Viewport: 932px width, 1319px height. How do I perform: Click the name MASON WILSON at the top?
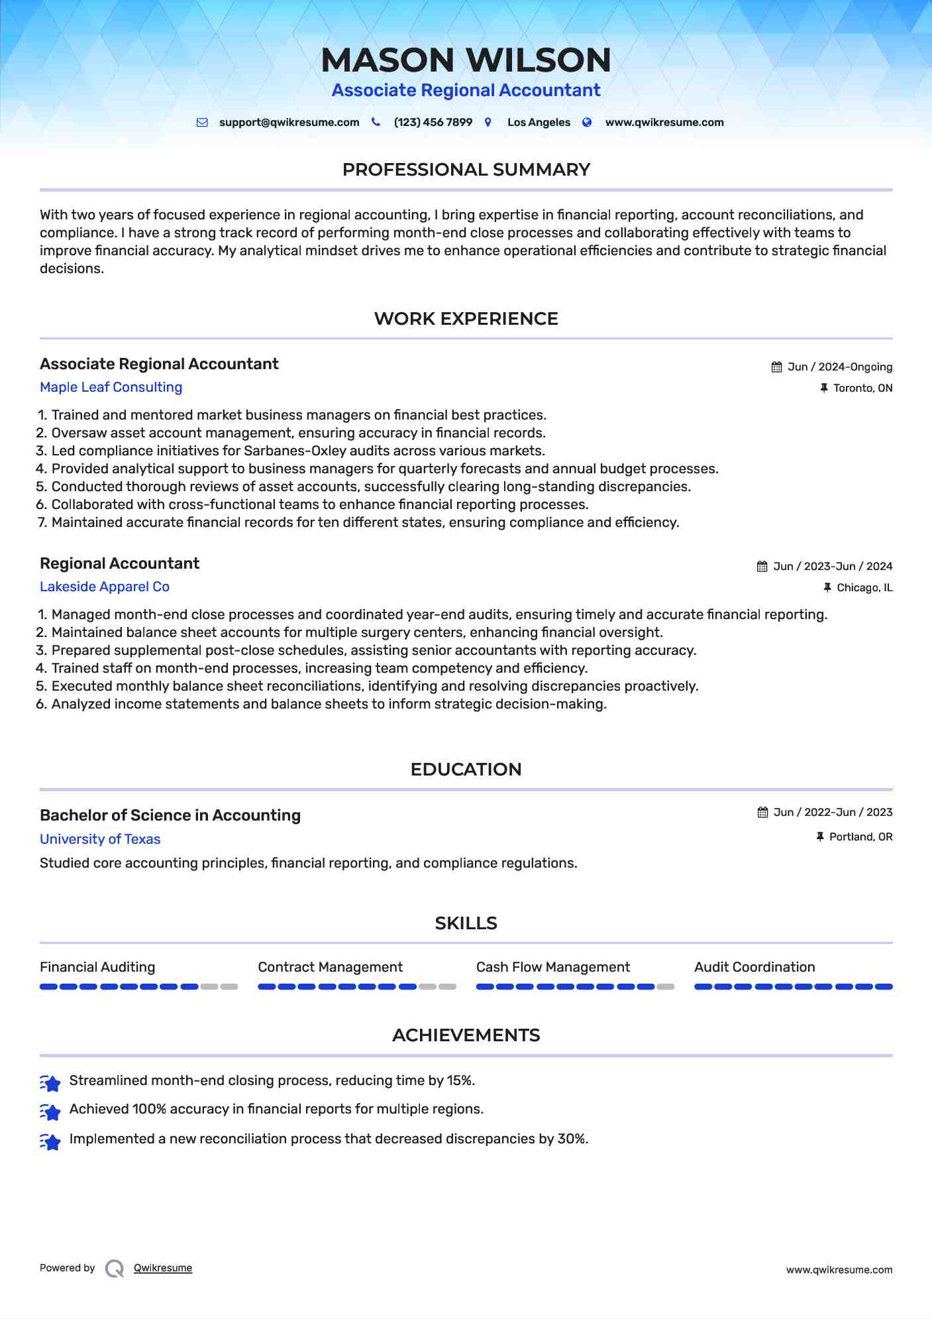tap(466, 60)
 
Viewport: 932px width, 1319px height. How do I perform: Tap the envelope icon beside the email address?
tap(202, 123)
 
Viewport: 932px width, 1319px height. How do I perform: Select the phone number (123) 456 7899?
tap(433, 123)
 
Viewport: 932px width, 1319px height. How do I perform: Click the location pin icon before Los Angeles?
tap(488, 123)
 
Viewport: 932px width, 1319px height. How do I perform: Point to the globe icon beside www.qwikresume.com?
tap(587, 123)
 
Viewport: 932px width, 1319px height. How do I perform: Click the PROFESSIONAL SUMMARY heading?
tap(466, 170)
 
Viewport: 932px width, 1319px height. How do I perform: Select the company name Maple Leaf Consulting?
tap(111, 387)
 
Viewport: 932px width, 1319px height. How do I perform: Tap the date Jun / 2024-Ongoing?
tap(839, 367)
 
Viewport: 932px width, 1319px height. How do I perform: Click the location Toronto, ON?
tap(862, 388)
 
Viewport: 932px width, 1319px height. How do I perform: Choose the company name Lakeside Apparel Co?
tap(105, 587)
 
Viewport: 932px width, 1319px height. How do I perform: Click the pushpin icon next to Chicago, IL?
tap(827, 588)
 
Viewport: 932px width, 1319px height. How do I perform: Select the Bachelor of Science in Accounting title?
tap(170, 815)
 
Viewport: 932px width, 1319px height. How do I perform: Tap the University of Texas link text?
tap(100, 839)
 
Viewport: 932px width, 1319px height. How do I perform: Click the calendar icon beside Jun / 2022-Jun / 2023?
tap(763, 813)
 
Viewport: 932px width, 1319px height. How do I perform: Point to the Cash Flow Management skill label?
tap(552, 967)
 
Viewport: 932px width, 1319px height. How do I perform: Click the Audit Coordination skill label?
tap(754, 967)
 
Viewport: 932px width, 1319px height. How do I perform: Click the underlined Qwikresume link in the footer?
tap(163, 1268)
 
